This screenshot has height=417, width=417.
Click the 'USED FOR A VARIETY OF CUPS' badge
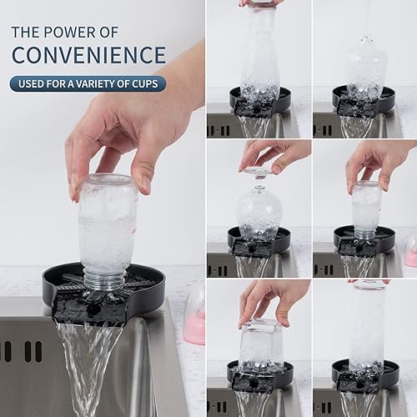point(88,83)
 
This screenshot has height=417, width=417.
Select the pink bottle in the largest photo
point(194,313)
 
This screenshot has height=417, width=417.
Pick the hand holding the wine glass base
point(279,154)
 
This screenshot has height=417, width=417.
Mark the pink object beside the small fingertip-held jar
point(410,251)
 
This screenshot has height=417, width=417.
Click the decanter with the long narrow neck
point(367,67)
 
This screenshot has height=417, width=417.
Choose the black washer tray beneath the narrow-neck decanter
point(364,102)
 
